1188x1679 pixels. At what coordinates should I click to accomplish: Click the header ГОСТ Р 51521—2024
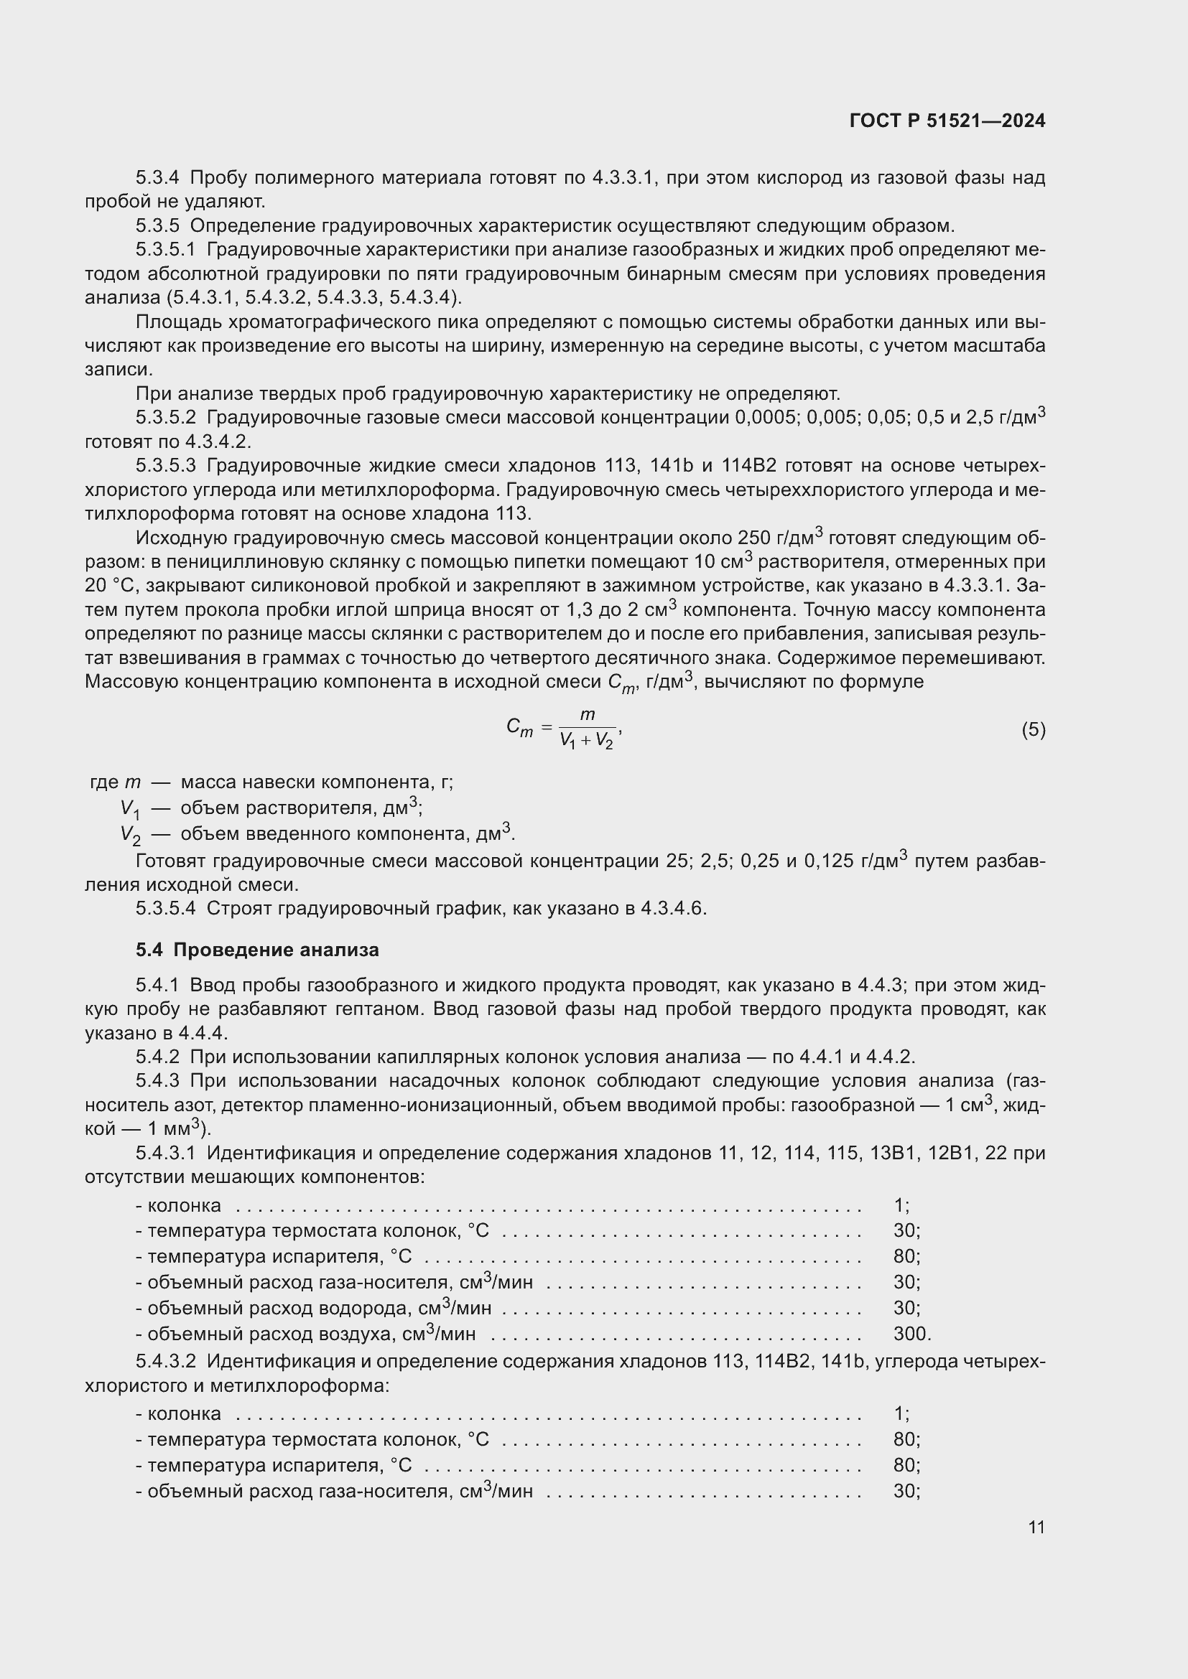[947, 121]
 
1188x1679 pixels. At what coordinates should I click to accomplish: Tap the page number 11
[1036, 1528]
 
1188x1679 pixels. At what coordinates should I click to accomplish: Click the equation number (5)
[1033, 730]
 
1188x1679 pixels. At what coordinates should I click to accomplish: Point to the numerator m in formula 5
[588, 715]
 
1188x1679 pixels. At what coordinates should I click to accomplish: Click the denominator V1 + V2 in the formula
[586, 742]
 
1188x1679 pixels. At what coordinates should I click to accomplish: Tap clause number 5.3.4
[157, 178]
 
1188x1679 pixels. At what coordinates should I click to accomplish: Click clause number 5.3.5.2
[166, 418]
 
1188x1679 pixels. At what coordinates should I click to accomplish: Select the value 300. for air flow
[911, 1334]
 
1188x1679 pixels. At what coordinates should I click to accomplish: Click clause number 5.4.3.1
[166, 1154]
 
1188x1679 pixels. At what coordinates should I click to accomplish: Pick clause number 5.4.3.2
[166, 1362]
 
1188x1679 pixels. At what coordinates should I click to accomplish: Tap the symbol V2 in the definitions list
[130, 835]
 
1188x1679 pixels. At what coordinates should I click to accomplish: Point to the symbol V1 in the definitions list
[130, 809]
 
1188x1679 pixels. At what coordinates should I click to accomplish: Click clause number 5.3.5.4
[166, 908]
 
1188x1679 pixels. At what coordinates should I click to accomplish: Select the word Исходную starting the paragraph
[181, 539]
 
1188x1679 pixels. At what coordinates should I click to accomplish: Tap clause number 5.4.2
[157, 1057]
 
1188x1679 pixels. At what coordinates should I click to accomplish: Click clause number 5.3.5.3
[166, 466]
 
